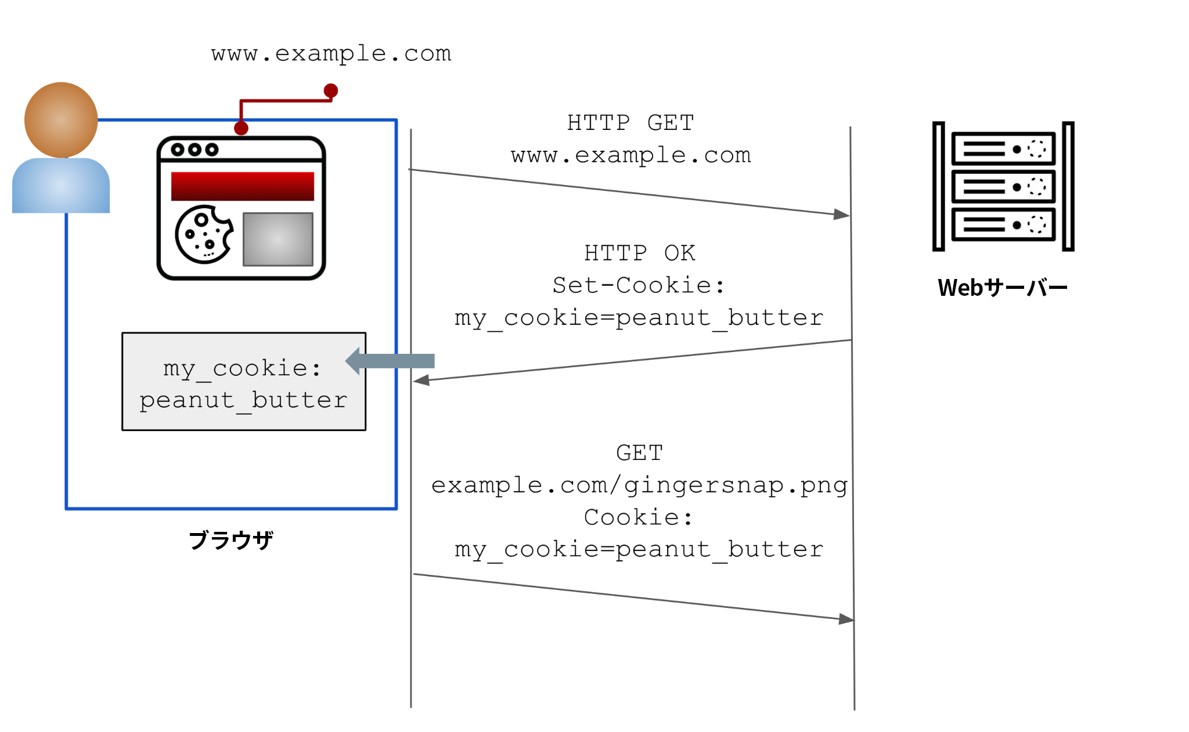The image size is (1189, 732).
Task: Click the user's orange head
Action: (x=61, y=119)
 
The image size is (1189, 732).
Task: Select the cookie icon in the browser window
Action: (x=204, y=234)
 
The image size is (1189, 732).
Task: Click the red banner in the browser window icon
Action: (x=242, y=186)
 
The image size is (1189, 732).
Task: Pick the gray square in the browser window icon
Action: (x=278, y=239)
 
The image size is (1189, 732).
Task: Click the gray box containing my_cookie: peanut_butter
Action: (x=244, y=382)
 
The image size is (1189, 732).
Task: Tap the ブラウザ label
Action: (x=231, y=540)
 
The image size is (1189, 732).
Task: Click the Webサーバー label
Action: (x=1003, y=288)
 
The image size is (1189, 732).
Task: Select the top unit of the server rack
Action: (x=1003, y=149)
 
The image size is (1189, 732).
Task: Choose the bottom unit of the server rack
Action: (x=1003, y=224)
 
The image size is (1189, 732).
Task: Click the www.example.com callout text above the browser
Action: (x=331, y=53)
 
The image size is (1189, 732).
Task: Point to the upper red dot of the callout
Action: (x=331, y=90)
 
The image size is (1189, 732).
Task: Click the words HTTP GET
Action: (x=630, y=123)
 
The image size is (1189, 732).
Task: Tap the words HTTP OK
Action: (x=639, y=253)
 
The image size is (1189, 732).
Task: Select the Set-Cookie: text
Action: (x=639, y=285)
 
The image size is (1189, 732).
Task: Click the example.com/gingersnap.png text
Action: (x=639, y=485)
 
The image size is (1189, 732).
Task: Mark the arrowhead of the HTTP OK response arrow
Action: (x=421, y=381)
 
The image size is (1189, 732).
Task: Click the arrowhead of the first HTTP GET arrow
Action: (x=842, y=215)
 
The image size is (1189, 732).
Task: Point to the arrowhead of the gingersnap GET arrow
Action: (x=846, y=619)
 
